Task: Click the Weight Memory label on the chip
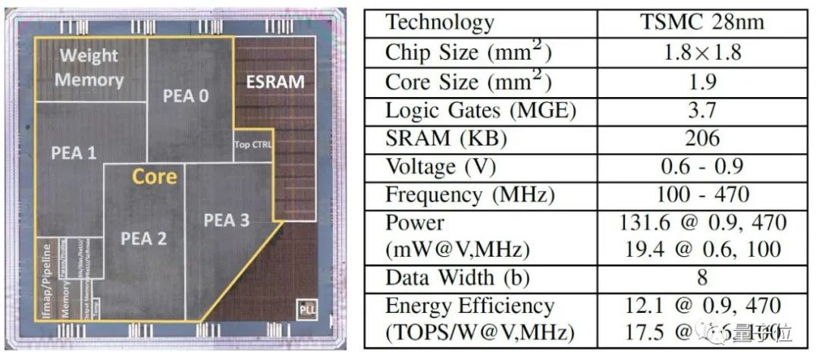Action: click(x=90, y=67)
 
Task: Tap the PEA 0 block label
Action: click(x=185, y=95)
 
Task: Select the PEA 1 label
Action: click(x=74, y=152)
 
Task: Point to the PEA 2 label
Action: click(x=143, y=238)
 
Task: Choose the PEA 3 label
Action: click(x=226, y=220)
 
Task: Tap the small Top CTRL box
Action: click(x=253, y=144)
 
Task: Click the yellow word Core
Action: click(x=154, y=177)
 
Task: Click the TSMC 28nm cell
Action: click(x=701, y=21)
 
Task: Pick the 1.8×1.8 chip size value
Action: click(x=701, y=53)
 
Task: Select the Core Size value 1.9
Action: click(x=701, y=81)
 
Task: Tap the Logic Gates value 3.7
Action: click(x=701, y=110)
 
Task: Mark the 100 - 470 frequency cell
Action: click(x=701, y=194)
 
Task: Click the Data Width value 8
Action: click(x=701, y=277)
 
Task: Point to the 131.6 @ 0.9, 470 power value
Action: click(x=701, y=223)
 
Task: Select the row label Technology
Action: click(x=440, y=21)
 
